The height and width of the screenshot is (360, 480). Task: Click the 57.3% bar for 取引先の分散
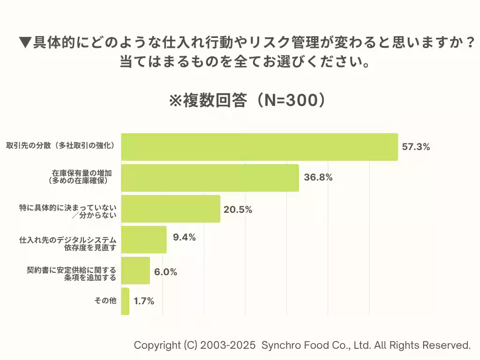point(259,147)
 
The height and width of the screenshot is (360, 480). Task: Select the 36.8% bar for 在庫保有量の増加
point(210,178)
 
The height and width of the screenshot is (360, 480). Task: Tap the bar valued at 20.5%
point(171,209)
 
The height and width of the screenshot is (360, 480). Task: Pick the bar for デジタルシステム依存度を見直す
point(144,240)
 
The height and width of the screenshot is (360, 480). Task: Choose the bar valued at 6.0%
point(135,270)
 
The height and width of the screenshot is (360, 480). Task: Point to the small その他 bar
point(125,301)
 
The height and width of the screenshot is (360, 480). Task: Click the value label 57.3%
point(416,147)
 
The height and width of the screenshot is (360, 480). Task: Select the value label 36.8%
point(318,177)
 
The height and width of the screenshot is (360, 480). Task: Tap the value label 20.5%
point(238,210)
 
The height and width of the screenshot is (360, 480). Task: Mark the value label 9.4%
point(184,237)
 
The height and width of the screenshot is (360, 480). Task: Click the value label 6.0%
point(165,272)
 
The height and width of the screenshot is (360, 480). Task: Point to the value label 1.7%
point(144,301)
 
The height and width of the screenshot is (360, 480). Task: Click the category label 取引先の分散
point(60,146)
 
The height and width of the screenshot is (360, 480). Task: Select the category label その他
point(105,301)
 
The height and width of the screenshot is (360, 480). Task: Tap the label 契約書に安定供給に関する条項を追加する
point(71,274)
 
